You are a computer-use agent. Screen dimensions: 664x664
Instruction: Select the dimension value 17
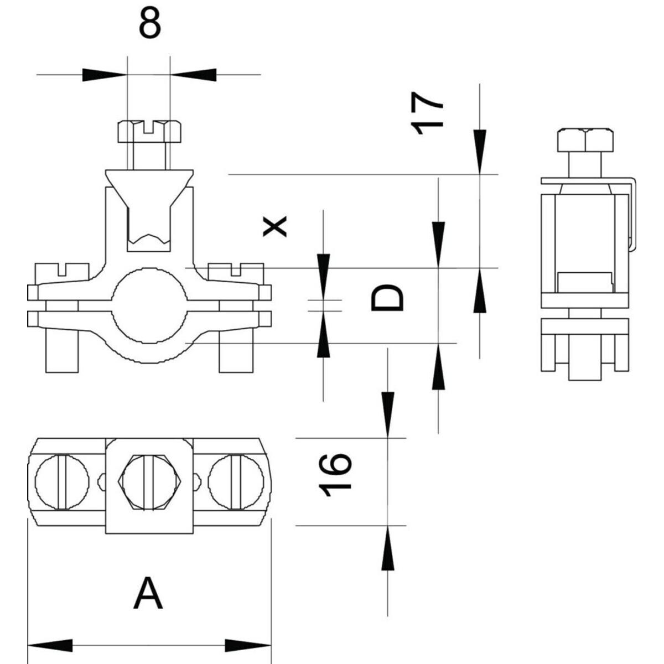(x=428, y=113)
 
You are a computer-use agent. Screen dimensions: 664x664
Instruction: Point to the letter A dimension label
(x=149, y=593)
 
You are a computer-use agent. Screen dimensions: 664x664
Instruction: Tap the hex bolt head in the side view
(x=585, y=141)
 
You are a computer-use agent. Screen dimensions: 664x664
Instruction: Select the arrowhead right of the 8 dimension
(x=194, y=74)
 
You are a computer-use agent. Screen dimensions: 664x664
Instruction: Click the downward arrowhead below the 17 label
(x=480, y=151)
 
